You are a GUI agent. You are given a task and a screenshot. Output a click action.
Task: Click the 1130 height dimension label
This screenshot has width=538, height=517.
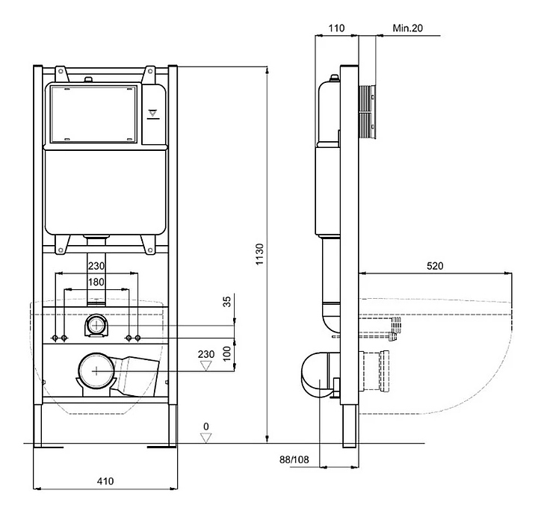[260, 254]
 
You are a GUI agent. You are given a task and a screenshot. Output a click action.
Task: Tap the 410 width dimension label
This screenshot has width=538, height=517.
[105, 481]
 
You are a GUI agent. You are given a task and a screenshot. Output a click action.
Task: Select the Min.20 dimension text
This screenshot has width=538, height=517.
[408, 28]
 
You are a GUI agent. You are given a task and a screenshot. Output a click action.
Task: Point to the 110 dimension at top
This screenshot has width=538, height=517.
[336, 28]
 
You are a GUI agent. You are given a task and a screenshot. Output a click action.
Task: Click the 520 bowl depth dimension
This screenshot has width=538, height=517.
[435, 265]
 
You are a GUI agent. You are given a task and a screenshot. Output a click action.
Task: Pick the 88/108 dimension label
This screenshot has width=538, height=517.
[294, 459]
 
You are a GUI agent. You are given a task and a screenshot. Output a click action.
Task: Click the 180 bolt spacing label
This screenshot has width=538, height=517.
[96, 282]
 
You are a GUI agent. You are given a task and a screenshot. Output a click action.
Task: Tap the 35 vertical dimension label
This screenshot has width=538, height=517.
[227, 302]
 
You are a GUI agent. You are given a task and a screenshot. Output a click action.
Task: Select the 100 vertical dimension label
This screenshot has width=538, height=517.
[227, 353]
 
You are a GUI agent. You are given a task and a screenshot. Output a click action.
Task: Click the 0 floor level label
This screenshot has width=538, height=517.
[206, 427]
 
